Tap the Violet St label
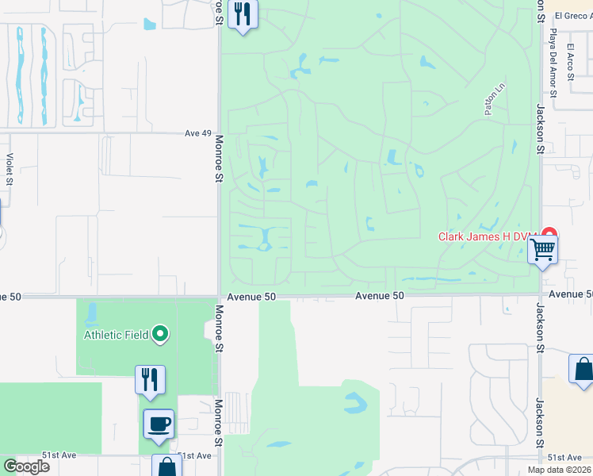[x=10, y=169]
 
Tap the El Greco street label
[x=573, y=15]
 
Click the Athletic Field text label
[x=117, y=335]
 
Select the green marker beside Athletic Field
[x=160, y=335]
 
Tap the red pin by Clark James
[x=549, y=236]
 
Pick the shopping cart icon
[x=543, y=250]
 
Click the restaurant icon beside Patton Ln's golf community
[x=243, y=14]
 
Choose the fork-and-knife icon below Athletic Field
[x=150, y=380]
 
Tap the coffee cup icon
[x=159, y=424]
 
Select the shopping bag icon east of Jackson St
[x=583, y=370]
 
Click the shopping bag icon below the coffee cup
[x=167, y=466]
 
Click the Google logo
[x=26, y=466]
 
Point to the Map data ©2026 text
[x=559, y=470]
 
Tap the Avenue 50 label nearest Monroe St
[x=251, y=297]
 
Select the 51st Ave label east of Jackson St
[x=565, y=458]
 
